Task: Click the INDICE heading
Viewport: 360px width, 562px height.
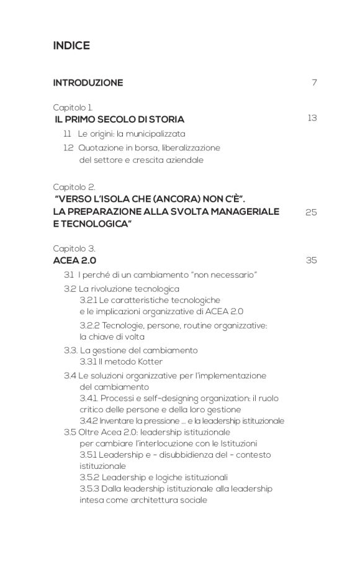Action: [x=71, y=46]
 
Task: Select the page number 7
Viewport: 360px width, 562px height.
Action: [x=314, y=83]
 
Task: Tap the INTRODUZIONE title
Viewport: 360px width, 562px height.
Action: [x=88, y=83]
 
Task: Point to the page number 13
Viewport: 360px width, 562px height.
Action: [x=312, y=118]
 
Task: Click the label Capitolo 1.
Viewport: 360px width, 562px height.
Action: [x=73, y=107]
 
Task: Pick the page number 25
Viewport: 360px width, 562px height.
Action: [x=311, y=212]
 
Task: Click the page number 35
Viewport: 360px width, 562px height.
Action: [x=311, y=260]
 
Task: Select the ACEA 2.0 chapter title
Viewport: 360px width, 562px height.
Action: [x=74, y=260]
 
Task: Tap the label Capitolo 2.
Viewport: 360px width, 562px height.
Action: [x=74, y=186]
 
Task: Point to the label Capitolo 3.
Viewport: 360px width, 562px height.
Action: [x=74, y=248]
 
